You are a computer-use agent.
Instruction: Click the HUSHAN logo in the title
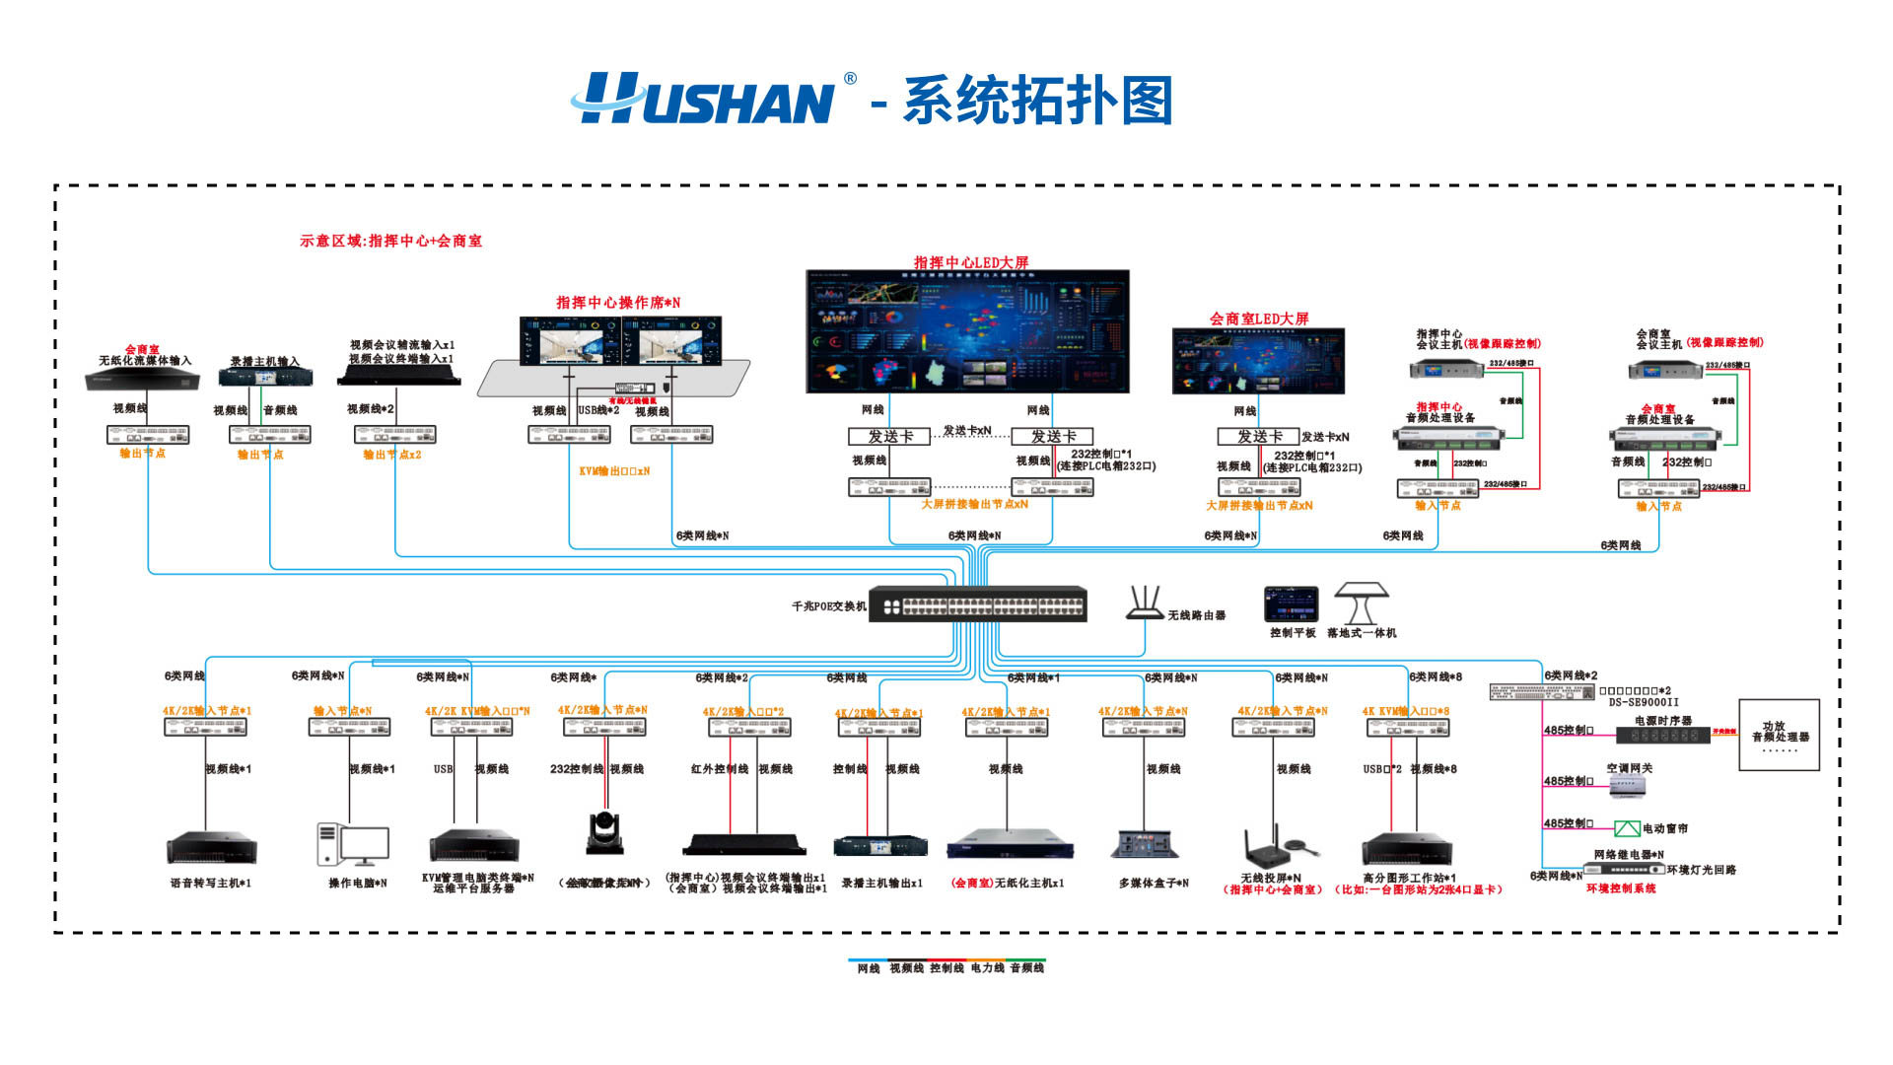705,99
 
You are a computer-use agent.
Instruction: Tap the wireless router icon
1145,603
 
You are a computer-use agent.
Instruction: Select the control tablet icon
1292,604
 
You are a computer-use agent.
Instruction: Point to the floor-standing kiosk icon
1362,603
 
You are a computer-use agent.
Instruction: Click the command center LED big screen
967,331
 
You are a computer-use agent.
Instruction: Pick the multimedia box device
1145,845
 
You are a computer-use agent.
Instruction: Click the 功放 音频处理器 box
1780,735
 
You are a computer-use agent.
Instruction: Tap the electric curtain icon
1627,828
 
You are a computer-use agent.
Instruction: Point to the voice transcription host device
211,847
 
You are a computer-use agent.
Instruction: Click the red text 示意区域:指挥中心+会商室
390,241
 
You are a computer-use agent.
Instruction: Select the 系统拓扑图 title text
1037,101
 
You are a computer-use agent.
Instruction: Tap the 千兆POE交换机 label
828,606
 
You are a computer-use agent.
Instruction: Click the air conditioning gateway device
1627,786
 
